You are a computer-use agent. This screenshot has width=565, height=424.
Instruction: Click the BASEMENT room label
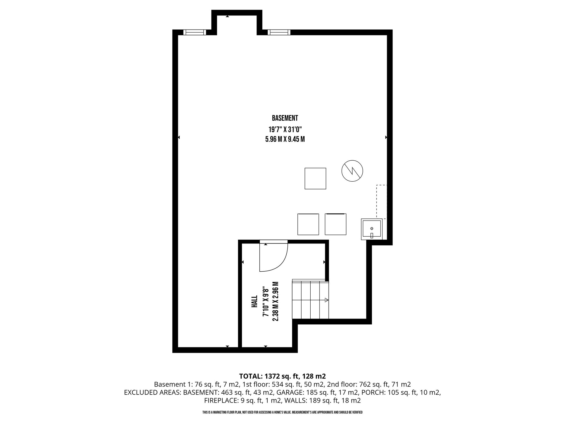(285, 118)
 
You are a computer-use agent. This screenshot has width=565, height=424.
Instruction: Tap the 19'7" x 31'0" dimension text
(285, 129)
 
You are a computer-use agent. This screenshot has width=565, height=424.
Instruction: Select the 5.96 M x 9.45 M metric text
(285, 139)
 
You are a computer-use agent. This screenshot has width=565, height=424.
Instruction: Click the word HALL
(254, 301)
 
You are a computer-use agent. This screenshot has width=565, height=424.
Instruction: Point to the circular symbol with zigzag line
(352, 171)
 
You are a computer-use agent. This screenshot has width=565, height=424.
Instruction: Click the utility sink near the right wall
(372, 229)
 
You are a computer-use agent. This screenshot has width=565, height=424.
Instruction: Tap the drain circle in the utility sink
(372, 228)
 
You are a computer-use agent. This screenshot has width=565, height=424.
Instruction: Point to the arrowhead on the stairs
(327, 300)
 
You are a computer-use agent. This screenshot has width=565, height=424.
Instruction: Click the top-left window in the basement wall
(195, 32)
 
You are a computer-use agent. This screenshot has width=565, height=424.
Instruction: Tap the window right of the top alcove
(279, 32)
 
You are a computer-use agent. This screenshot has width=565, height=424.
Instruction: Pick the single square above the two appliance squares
(315, 179)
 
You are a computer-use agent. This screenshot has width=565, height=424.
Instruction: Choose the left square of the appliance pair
(308, 224)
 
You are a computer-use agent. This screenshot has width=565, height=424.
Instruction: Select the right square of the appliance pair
(335, 224)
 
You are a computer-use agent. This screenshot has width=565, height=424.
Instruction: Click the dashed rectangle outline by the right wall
(377, 202)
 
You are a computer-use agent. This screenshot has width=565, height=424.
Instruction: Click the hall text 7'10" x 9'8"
(265, 301)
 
